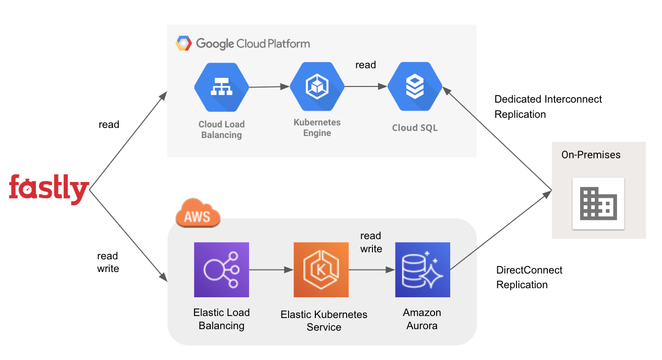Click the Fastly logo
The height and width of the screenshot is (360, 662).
pyautogui.click(x=49, y=189)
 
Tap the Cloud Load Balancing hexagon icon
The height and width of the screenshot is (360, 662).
pyautogui.click(x=221, y=87)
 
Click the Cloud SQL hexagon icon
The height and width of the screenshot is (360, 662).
pyautogui.click(x=415, y=87)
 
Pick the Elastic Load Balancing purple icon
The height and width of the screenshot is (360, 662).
pyautogui.click(x=221, y=269)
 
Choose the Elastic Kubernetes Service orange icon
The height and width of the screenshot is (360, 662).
pyautogui.click(x=321, y=269)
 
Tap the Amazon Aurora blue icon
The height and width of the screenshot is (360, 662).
pyautogui.click(x=422, y=269)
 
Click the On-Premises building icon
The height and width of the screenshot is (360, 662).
pyautogui.click(x=598, y=203)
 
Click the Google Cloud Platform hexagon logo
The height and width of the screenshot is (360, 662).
pyautogui.click(x=183, y=43)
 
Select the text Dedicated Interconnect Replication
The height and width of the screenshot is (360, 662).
pyautogui.click(x=548, y=107)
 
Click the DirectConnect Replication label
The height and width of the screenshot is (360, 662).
pyautogui.click(x=529, y=277)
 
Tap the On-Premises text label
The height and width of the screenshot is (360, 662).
pyautogui.click(x=591, y=155)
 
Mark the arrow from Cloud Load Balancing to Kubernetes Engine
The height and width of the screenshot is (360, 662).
pyautogui.click(x=269, y=87)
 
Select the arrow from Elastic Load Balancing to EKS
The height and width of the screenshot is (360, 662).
pyautogui.click(x=271, y=270)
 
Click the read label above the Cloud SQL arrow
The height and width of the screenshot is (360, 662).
pyautogui.click(x=365, y=65)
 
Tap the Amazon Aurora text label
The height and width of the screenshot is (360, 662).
pyautogui.click(x=422, y=319)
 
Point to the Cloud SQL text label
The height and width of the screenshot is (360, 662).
pyautogui.click(x=415, y=128)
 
